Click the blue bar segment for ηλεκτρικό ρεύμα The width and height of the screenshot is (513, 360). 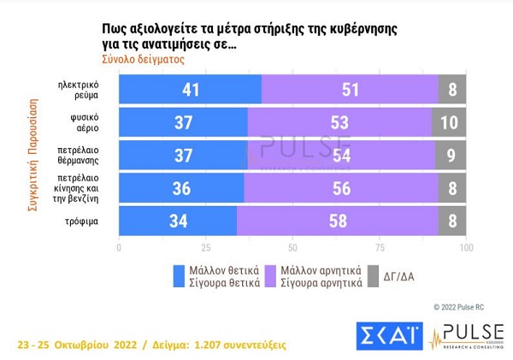point(190,90)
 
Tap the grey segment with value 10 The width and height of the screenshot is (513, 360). point(449,122)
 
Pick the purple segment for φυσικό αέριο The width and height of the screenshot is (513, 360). point(339,122)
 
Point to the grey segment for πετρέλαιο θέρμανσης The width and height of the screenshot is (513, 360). point(451,156)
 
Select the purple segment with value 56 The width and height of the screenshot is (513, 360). point(341,188)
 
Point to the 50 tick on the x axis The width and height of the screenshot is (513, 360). point(292,248)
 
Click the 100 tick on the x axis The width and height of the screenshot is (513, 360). point(466,248)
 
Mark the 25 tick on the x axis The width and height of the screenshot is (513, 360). point(205,248)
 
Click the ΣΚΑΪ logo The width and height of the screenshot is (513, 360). point(389,338)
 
